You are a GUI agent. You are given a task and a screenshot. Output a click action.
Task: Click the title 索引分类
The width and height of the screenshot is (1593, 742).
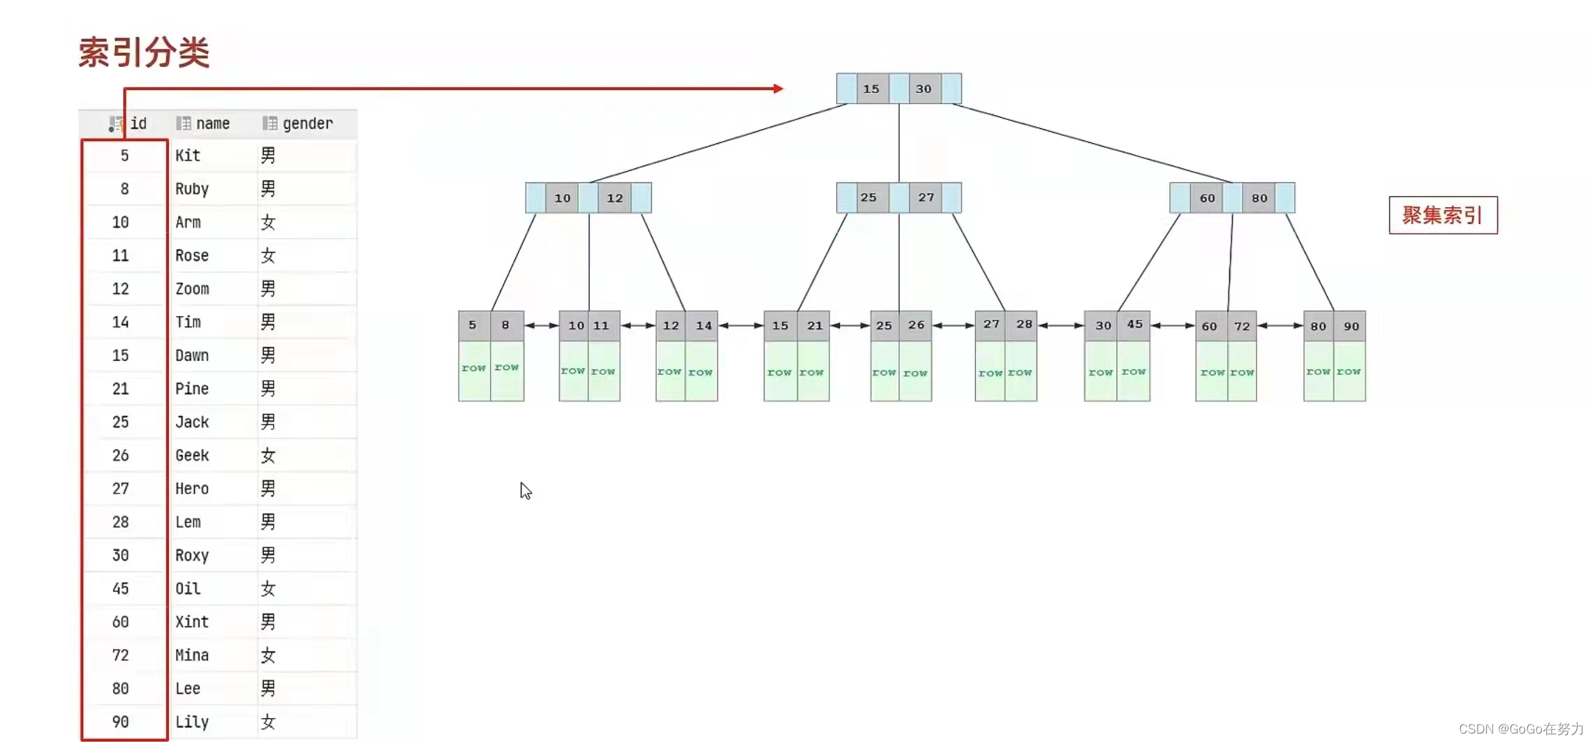click(x=144, y=53)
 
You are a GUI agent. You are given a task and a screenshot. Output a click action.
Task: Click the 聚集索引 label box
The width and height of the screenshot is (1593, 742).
click(x=1442, y=215)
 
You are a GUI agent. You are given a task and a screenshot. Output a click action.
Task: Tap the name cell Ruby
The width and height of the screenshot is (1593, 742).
click(x=192, y=189)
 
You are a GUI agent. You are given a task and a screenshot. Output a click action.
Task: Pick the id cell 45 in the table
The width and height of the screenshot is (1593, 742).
click(x=121, y=588)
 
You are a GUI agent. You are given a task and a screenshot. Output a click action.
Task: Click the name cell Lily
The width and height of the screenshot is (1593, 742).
click(x=192, y=722)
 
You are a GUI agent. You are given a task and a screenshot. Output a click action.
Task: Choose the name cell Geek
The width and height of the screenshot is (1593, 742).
click(x=192, y=455)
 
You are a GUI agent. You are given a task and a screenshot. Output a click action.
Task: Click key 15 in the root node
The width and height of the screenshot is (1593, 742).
click(x=871, y=89)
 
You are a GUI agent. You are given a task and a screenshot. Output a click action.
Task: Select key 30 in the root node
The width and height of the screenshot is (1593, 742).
click(x=924, y=89)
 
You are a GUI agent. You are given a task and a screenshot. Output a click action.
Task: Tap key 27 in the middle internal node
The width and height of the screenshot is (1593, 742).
click(x=926, y=198)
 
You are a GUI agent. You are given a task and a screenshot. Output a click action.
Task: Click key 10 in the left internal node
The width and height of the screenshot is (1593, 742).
click(x=562, y=198)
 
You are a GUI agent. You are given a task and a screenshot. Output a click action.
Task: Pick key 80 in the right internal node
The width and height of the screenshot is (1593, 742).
click(x=1259, y=198)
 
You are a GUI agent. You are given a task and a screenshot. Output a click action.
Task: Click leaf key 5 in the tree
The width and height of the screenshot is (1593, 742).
click(x=473, y=325)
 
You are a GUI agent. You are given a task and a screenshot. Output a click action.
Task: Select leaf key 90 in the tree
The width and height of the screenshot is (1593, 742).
click(x=1351, y=326)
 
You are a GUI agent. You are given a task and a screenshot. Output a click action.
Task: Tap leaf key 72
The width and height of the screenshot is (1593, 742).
click(x=1242, y=326)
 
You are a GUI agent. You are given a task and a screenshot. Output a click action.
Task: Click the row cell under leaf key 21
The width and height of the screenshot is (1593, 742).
click(x=812, y=372)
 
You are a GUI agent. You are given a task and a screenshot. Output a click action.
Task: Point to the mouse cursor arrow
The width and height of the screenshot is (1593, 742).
click(x=526, y=491)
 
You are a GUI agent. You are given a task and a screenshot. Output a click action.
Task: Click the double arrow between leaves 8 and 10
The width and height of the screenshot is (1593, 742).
click(x=541, y=325)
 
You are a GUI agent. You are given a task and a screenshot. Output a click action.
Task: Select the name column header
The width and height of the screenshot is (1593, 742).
click(x=212, y=124)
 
